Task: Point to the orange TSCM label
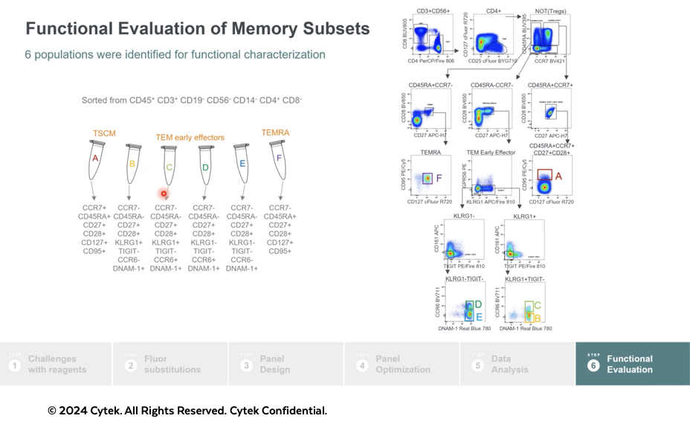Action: tap(104, 133)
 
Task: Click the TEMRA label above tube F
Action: tap(275, 132)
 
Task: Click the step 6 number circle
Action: tap(593, 365)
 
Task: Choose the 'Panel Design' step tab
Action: tap(271, 364)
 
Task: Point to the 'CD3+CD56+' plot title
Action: tap(433, 11)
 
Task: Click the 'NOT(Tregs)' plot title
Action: tap(551, 11)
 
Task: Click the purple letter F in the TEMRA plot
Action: tap(439, 178)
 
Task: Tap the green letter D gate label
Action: tap(478, 304)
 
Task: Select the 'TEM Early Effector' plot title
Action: tap(491, 152)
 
